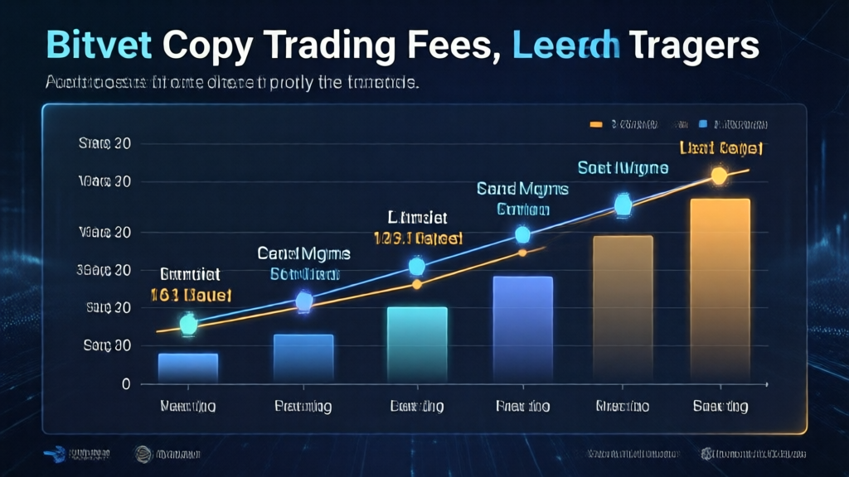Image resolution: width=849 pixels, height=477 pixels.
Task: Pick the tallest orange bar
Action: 719,290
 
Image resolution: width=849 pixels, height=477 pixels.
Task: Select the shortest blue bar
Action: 188,368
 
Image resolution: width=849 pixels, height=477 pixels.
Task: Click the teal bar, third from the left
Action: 417,344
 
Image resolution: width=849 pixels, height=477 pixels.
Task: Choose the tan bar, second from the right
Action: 622,308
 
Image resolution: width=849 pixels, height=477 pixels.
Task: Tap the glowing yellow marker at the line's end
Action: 719,176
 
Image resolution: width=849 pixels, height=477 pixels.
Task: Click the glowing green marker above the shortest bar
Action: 188,325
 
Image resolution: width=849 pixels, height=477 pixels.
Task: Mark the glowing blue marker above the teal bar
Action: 417,266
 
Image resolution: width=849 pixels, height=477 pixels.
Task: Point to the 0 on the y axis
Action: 125,384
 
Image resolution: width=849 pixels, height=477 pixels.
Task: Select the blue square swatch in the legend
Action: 703,124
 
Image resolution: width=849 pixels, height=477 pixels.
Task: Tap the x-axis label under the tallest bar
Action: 720,407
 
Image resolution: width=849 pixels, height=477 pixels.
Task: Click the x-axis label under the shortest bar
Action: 188,407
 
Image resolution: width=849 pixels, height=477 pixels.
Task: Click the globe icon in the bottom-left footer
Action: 143,454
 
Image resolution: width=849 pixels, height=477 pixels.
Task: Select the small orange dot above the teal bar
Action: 417,284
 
